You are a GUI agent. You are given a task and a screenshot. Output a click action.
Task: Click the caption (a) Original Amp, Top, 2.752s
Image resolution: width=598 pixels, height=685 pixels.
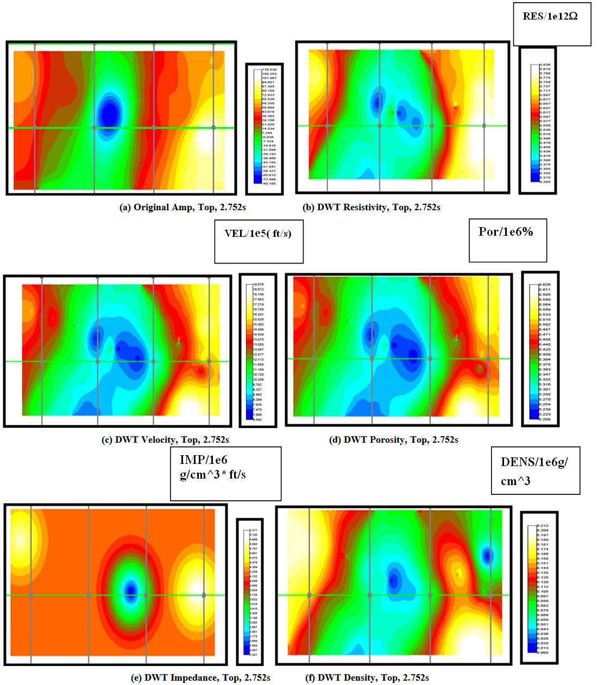tap(182, 208)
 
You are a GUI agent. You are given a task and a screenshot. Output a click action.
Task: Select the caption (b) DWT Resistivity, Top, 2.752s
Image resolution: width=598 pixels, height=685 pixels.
tap(371, 208)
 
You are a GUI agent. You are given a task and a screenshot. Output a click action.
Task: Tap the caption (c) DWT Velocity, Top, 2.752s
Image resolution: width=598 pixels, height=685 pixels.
tap(165, 439)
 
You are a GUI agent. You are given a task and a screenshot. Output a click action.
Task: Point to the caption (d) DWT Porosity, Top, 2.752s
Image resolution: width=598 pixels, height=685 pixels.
tap(393, 439)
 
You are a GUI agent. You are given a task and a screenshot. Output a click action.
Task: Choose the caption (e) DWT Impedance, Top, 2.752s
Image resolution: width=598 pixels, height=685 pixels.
tap(200, 677)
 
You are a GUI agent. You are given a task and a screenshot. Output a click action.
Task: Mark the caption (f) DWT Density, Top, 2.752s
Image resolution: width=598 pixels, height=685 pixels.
tap(367, 677)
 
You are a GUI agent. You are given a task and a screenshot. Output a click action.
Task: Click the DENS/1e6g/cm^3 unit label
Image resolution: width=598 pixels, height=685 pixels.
tap(535, 470)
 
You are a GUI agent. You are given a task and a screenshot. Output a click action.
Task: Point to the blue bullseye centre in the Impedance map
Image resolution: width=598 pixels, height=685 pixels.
tap(130, 590)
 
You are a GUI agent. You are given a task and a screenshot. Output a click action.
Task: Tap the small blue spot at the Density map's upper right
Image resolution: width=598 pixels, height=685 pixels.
tap(487, 555)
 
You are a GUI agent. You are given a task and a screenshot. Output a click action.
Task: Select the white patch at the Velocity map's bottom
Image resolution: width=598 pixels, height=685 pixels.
tap(188, 407)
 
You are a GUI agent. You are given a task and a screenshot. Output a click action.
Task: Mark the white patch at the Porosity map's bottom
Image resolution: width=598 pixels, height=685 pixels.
tap(467, 407)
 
